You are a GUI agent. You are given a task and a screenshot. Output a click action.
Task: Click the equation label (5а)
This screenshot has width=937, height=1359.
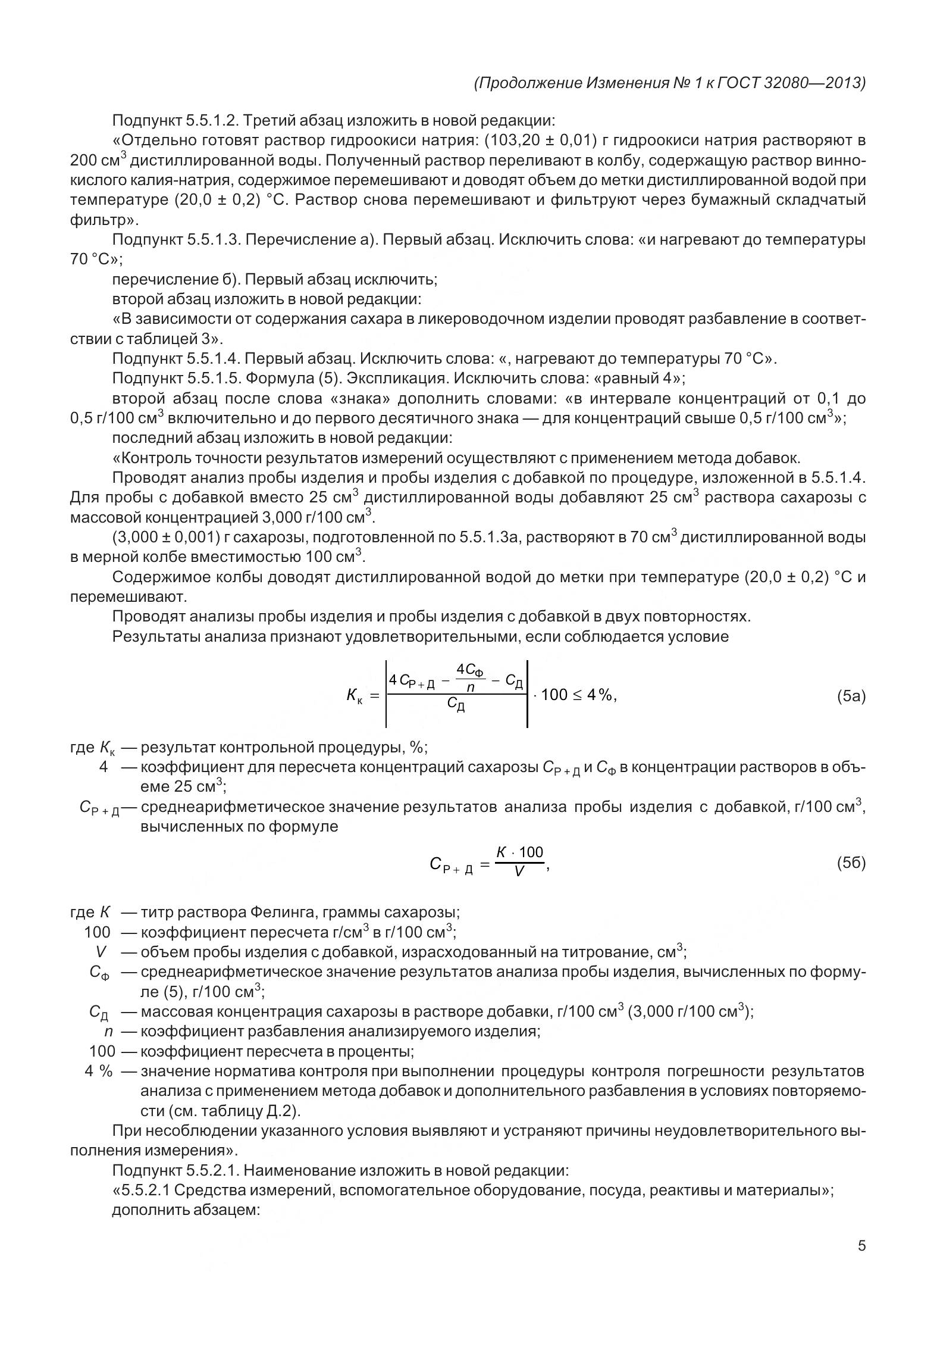click(850, 696)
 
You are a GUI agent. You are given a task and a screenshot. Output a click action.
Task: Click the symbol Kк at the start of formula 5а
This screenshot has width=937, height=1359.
click(355, 695)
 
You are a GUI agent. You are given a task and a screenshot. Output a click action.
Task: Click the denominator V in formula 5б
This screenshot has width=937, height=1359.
click(519, 872)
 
